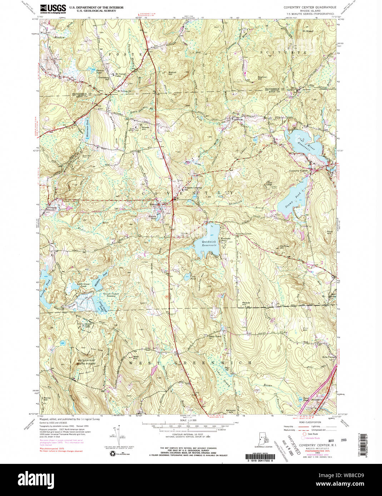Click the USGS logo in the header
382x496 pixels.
(53, 8)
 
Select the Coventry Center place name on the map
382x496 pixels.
(298, 171)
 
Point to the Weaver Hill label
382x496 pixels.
(246, 304)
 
